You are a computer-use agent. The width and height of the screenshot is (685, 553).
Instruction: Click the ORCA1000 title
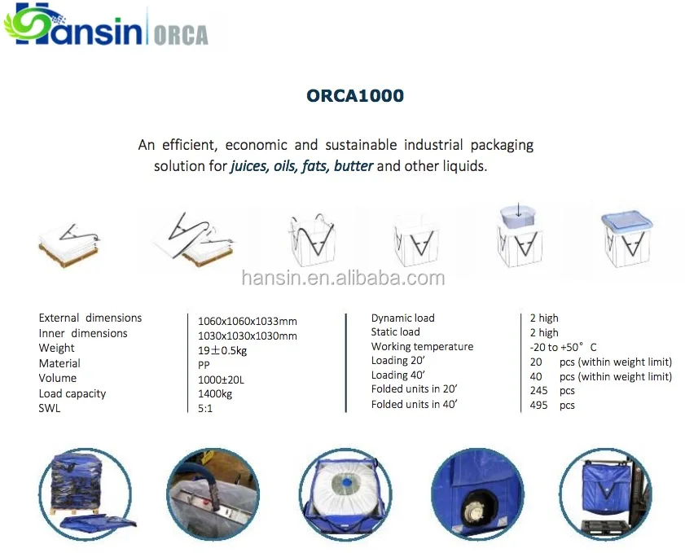355,95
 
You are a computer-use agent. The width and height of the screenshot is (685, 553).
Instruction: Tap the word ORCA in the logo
181,35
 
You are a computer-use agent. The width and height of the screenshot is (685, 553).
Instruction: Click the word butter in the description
353,166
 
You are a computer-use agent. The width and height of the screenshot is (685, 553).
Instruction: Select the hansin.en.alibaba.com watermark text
343,279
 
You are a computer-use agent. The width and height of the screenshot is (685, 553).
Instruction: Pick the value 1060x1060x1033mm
248,321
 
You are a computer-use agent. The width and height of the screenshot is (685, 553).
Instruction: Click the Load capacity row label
72,393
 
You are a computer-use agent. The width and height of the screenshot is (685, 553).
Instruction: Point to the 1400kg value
215,393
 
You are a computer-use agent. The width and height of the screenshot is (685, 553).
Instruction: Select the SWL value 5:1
205,408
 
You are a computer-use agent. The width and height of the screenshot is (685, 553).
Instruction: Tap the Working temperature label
422,346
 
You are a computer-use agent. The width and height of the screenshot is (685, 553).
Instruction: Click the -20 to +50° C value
563,347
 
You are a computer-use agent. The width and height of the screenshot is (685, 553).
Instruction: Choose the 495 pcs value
552,405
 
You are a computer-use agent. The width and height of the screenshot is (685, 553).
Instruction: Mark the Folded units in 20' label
414,388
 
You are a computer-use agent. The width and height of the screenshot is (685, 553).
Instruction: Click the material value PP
204,365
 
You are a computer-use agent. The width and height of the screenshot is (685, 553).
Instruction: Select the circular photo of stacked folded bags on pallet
86,494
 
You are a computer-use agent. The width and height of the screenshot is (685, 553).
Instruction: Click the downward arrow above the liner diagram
519,208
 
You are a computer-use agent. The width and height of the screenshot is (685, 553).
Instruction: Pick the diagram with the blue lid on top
627,239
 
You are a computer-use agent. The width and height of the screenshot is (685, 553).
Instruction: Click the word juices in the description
248,166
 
